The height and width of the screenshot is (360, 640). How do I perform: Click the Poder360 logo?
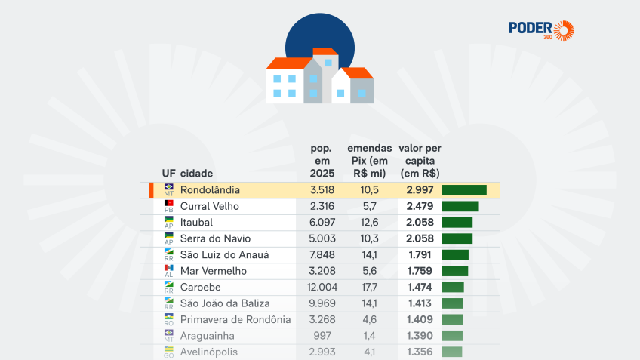pos(541,31)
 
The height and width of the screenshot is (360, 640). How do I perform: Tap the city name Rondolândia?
pos(210,190)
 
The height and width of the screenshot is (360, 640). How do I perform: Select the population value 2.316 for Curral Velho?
pos(322,206)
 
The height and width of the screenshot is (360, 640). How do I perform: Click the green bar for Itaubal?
pos(457,223)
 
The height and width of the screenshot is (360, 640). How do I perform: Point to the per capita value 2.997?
pos(420,190)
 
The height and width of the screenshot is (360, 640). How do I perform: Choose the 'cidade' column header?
pos(196,174)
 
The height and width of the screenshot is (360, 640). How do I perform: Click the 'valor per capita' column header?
pos(420,161)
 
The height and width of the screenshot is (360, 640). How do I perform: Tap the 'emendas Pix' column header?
pos(369,161)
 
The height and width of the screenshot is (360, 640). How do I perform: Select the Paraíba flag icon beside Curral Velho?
pos(168,203)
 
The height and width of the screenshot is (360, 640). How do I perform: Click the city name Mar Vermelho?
pos(214,271)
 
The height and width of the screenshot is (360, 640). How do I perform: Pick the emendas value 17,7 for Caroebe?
pos(369,288)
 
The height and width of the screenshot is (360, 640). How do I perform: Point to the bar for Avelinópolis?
pos(452,352)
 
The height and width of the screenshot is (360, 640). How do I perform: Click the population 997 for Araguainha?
pos(322,336)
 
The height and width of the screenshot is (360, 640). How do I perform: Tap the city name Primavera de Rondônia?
pos(235,319)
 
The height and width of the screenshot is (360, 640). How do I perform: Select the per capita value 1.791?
pos(420,254)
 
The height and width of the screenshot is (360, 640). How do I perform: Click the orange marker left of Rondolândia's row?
pos(151,190)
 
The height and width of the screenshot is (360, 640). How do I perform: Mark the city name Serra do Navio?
pos(216,238)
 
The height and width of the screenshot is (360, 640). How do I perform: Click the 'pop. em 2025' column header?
pos(322,161)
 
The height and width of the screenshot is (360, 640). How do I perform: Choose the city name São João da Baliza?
pos(225,303)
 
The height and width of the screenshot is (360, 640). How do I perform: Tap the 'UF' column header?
pos(168,174)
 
